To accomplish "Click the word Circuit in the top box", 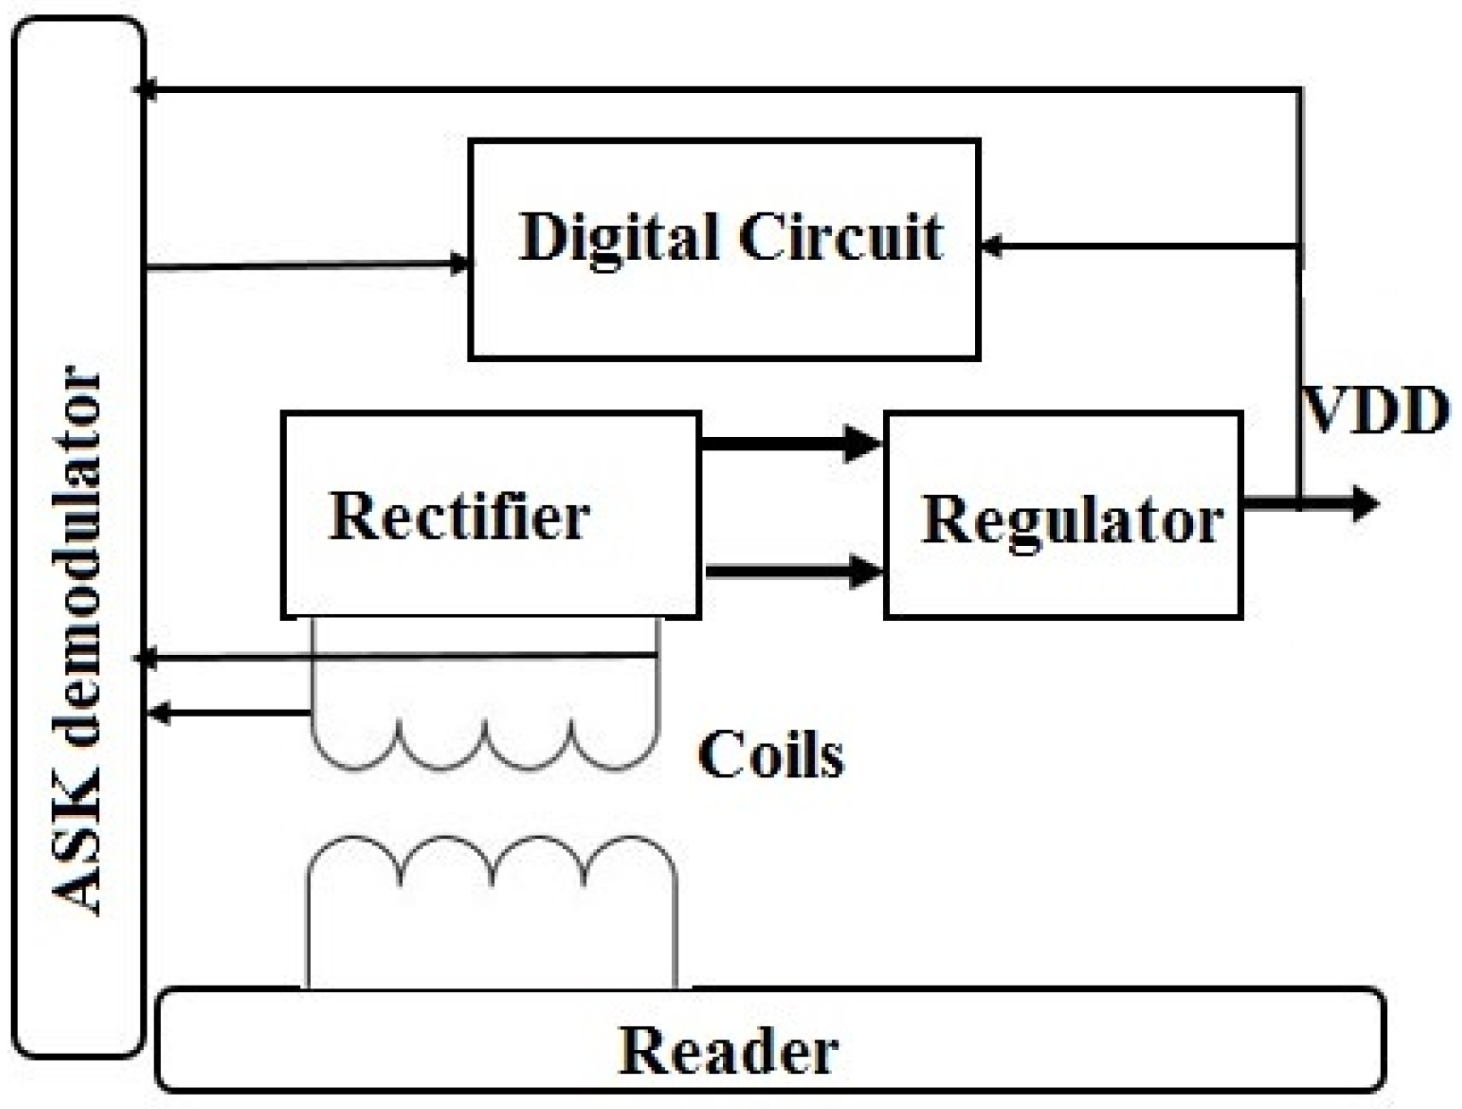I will [840, 237].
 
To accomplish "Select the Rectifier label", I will [459, 516].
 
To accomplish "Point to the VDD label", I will [1374, 412].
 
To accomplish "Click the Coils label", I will [770, 755].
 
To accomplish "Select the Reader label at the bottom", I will [728, 1051].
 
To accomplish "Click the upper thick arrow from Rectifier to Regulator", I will [786, 441].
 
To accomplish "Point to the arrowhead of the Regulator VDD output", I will [1364, 503].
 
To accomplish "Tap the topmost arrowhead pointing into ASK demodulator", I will [145, 89].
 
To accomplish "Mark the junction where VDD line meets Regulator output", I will [1298, 503].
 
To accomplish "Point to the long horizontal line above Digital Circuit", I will [715, 89].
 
